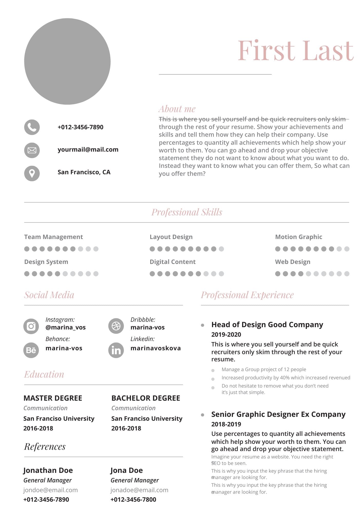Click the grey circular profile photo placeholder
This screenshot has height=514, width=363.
coord(67,61)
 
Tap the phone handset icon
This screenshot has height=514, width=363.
coord(32,127)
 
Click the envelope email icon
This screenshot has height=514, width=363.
coord(32,150)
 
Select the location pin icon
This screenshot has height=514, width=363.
coord(32,173)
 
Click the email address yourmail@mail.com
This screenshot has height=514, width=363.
coord(88,150)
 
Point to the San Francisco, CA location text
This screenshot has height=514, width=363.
coord(84,172)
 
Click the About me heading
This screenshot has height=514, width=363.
coord(177,109)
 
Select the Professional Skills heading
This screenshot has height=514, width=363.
coord(187,212)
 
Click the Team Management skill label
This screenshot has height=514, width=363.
coord(53,237)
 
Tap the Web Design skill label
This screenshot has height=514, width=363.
coord(293,262)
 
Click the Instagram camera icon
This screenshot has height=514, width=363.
coord(31,326)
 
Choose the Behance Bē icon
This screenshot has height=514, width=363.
coord(31,350)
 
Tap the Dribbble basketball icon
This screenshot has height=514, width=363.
coord(116,326)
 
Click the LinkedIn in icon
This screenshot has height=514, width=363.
coord(116,350)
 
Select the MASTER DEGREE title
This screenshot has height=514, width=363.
coord(53,398)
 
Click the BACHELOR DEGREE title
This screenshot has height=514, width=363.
coord(146,398)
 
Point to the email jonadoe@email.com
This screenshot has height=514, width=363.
coord(139,490)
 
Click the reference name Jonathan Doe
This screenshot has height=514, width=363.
coord(48,470)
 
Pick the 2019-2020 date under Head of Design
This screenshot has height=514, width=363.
coord(226,334)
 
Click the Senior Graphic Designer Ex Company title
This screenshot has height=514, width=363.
coord(278,414)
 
